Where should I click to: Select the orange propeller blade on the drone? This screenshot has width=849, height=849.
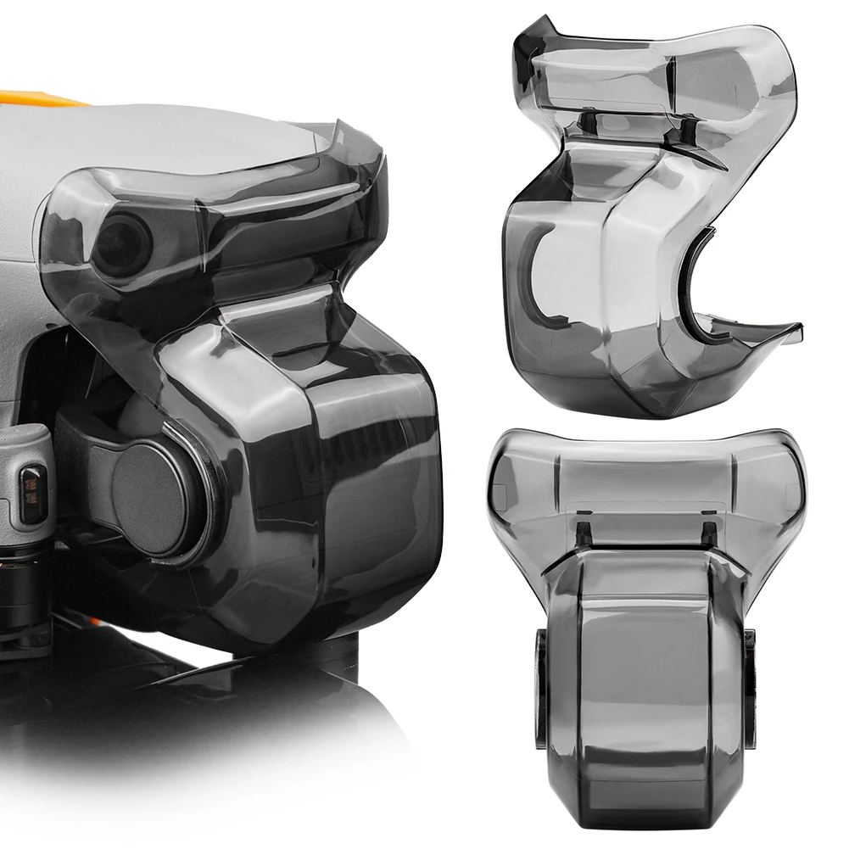[x=38, y=98]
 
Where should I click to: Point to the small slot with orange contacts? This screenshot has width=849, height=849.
[x=33, y=494]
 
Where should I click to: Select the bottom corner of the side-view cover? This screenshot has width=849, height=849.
[x=653, y=411]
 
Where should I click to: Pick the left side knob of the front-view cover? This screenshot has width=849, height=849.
[x=540, y=687]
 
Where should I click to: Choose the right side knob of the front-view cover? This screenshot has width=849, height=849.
[x=750, y=687]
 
